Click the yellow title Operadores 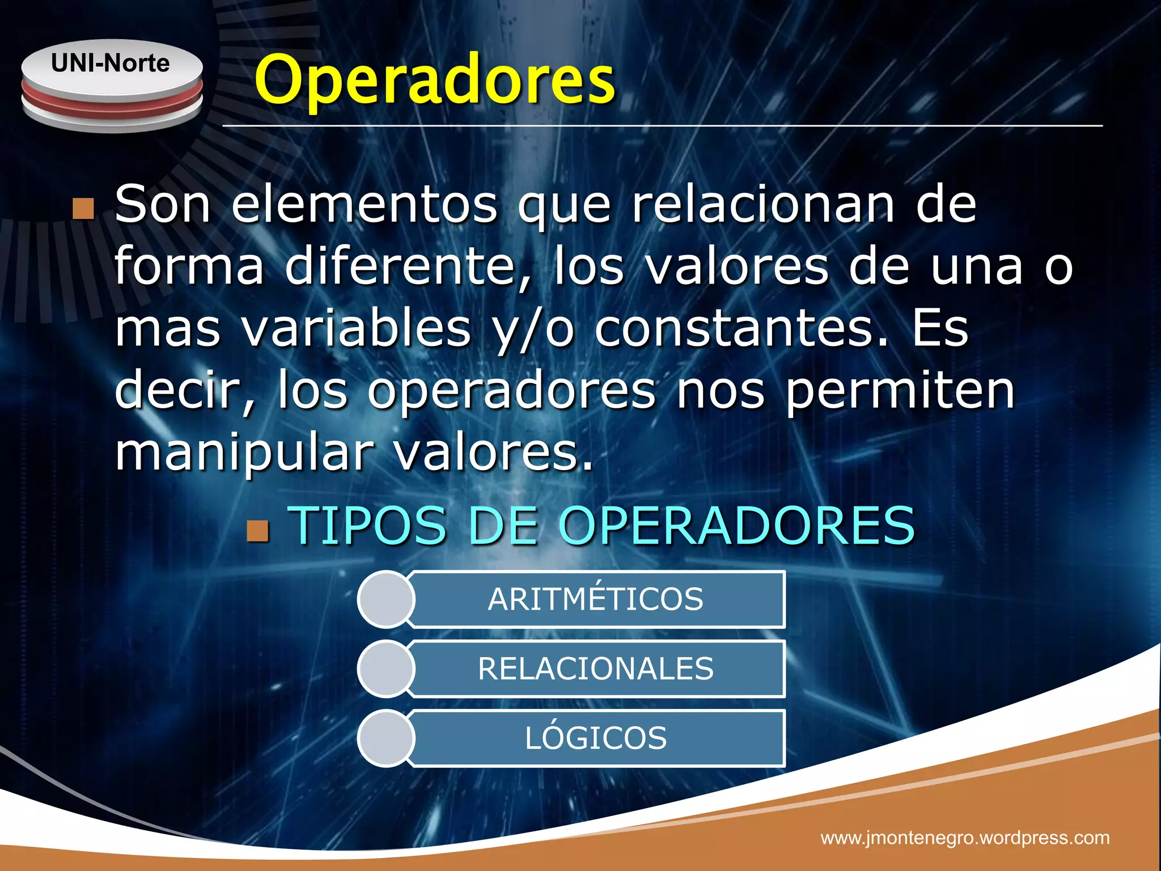pyautogui.click(x=434, y=81)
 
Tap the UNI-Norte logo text pyautogui.click(x=111, y=63)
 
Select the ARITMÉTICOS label pyautogui.click(x=595, y=599)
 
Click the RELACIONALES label pyautogui.click(x=595, y=669)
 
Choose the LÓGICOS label pyautogui.click(x=595, y=738)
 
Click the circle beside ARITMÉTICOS pyautogui.click(x=386, y=599)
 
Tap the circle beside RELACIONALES pyautogui.click(x=386, y=669)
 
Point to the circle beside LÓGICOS pyautogui.click(x=386, y=738)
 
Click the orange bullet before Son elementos pyautogui.click(x=83, y=209)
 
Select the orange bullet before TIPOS pyautogui.click(x=258, y=531)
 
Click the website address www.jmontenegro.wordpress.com pyautogui.click(x=965, y=838)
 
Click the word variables pyautogui.click(x=357, y=329)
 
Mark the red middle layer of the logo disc pyautogui.click(x=112, y=99)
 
